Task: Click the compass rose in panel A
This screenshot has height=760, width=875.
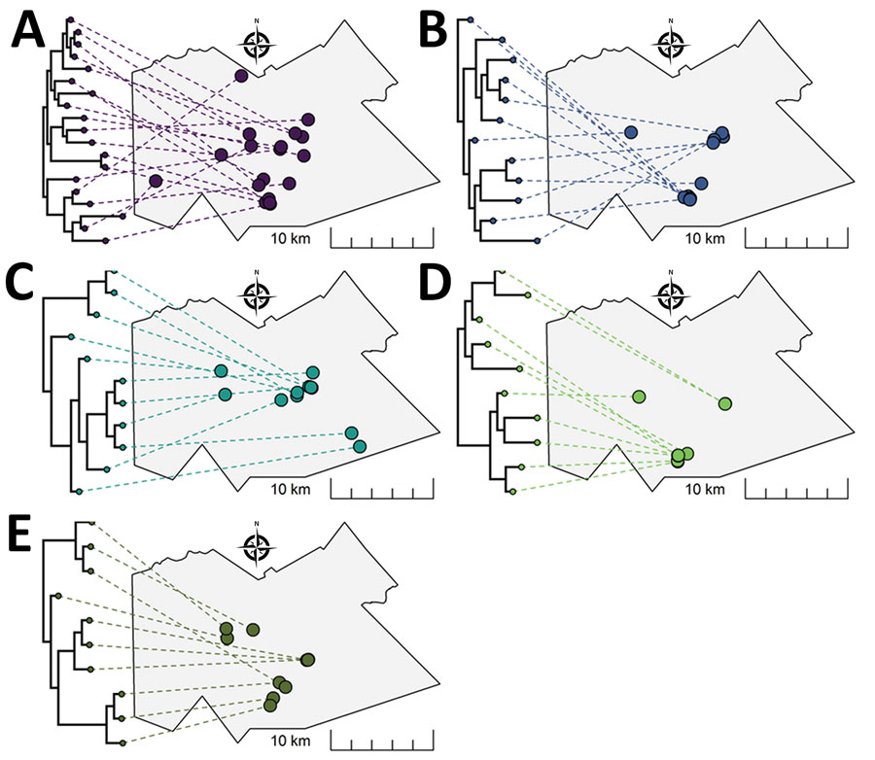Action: coord(257,44)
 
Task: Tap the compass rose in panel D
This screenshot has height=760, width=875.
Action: coord(671,294)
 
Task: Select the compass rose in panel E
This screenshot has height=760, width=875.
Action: coord(257,546)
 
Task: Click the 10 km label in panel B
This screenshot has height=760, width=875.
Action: coord(705,238)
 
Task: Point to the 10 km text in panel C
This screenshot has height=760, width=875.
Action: coord(291,490)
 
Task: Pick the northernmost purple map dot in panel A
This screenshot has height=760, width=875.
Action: coord(241,76)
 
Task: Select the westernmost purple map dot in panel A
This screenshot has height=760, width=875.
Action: coord(156,181)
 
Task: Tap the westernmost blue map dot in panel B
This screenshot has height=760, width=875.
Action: coord(631,132)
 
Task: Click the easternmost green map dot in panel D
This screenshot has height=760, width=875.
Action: coord(725,403)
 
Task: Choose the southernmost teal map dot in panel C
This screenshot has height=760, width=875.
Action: coord(360,446)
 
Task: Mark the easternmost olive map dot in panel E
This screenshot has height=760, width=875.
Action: coord(308,660)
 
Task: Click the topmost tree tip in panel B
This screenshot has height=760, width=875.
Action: coord(471,19)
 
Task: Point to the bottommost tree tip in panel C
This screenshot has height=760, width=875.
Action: coord(80,492)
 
